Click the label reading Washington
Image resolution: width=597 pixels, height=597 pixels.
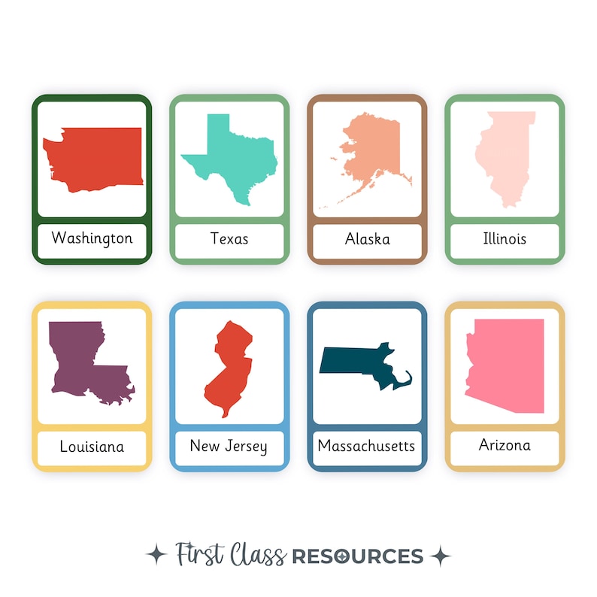click(92, 238)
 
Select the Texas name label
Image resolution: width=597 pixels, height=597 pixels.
click(229, 239)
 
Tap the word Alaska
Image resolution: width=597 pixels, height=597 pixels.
click(367, 239)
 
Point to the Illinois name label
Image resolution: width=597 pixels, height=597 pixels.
click(505, 239)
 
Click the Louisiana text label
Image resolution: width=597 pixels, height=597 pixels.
click(92, 447)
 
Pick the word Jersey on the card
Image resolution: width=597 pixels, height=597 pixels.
click(246, 447)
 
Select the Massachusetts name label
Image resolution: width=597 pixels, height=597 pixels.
click(366, 446)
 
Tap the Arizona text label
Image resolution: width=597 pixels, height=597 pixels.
click(505, 445)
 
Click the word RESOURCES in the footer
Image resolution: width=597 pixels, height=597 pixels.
click(357, 556)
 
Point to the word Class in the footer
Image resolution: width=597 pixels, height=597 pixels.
click(258, 556)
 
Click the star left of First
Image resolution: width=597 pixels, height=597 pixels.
click(157, 556)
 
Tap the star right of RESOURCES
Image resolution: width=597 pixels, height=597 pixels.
click(440, 556)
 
